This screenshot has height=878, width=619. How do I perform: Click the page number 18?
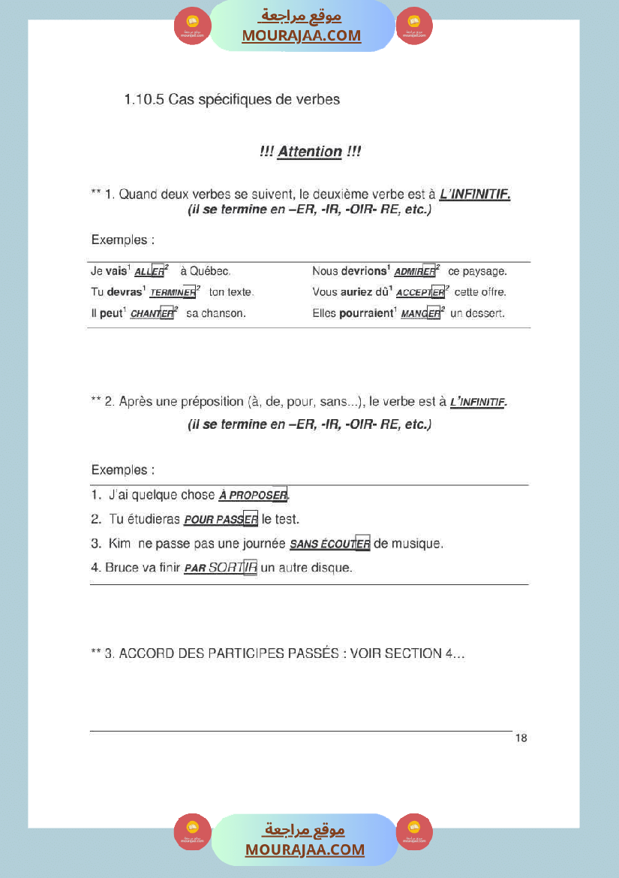point(521,738)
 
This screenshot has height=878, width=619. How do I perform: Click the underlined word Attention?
point(310,152)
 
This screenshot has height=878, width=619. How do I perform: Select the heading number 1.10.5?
point(144,99)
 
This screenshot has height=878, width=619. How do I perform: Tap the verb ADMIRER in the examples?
point(415,272)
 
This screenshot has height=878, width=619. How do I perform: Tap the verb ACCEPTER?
point(420,293)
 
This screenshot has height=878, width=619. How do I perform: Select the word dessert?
point(485,313)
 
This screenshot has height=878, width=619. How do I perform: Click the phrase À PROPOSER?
point(253,496)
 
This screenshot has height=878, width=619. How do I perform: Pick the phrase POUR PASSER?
point(221,520)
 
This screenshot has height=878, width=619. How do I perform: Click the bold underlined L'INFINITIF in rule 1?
point(475,195)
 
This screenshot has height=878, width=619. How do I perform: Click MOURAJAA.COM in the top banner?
point(301,36)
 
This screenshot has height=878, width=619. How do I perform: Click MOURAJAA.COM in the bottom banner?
point(305,850)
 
